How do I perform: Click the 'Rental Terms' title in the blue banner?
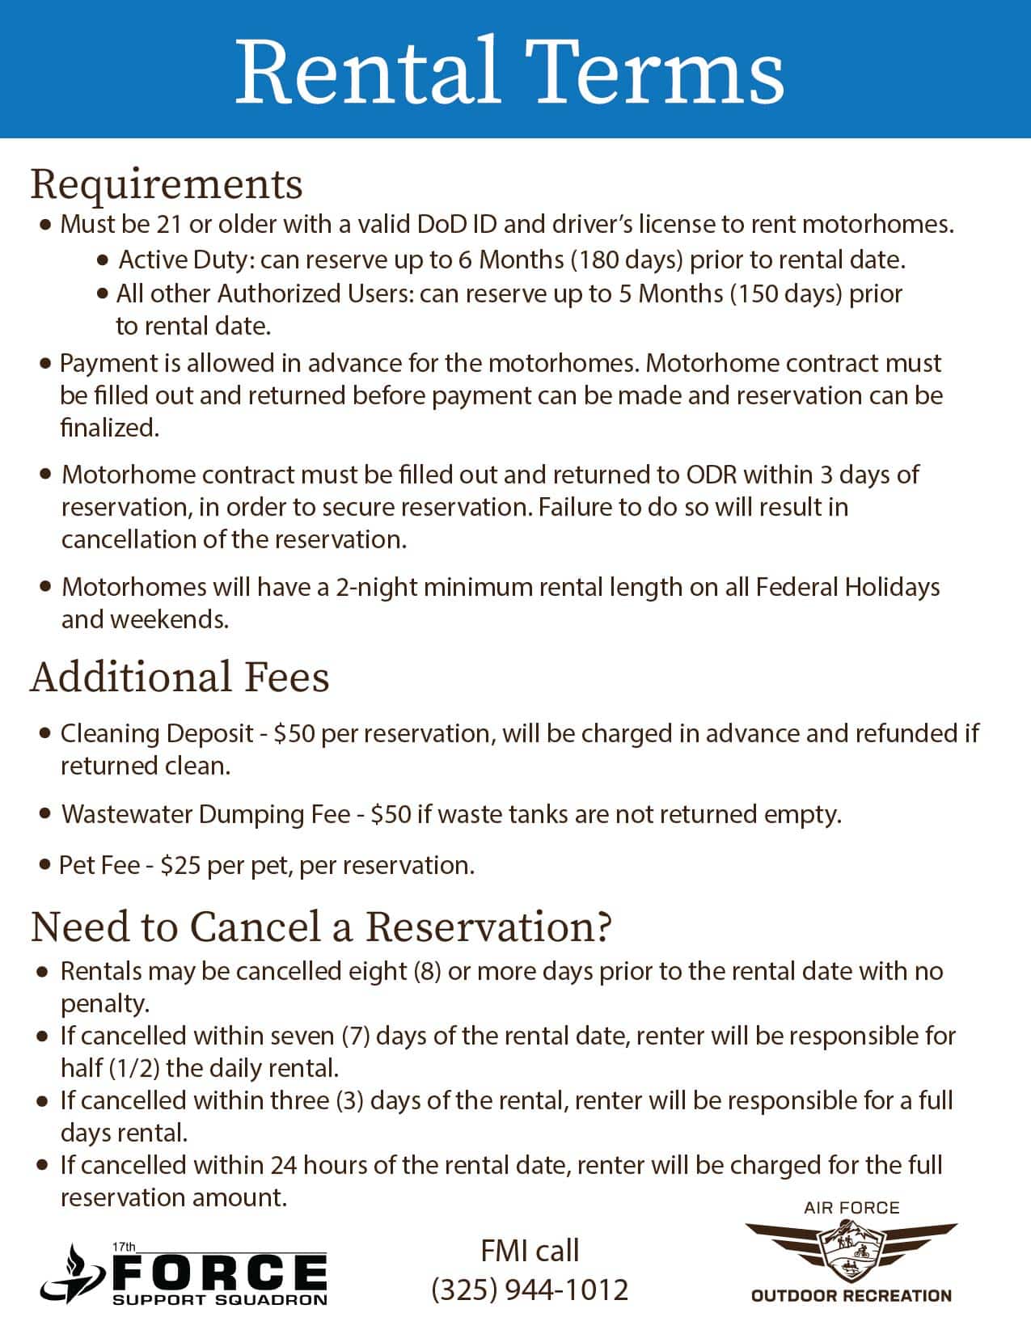click(x=509, y=71)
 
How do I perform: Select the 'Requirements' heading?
click(x=167, y=184)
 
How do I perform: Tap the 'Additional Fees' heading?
click(x=180, y=677)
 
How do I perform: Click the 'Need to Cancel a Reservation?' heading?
click(x=321, y=927)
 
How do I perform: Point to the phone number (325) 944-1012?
click(x=530, y=1289)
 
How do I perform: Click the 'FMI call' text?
click(x=530, y=1251)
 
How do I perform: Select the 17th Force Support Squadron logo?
click(x=184, y=1273)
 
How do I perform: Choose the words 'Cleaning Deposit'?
click(x=157, y=733)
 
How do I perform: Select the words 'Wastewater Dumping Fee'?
click(x=206, y=813)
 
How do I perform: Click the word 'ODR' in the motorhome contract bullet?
click(x=712, y=474)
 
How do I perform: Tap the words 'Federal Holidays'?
click(x=847, y=587)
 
